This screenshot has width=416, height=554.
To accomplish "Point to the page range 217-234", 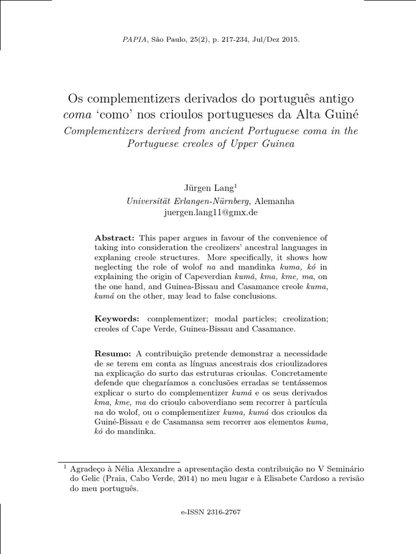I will pyautogui.click(x=234, y=40).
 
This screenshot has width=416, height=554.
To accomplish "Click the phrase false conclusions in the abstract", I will pyautogui.click(x=247, y=296).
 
